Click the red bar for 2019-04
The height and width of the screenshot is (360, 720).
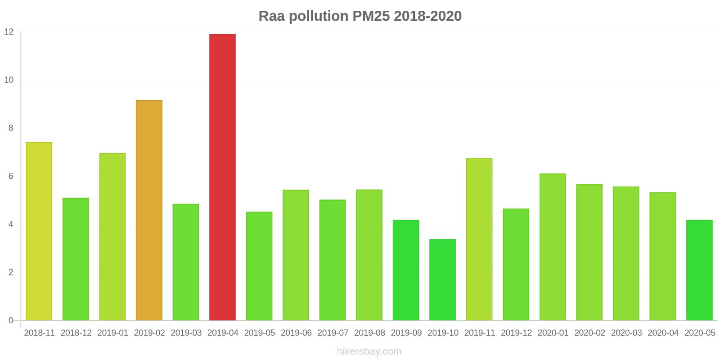(x=222, y=177)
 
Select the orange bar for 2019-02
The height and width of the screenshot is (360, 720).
(x=149, y=210)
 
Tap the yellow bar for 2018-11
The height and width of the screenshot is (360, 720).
(x=39, y=231)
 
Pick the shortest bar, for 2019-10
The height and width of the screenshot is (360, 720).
(x=442, y=279)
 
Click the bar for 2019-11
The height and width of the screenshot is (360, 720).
(x=479, y=239)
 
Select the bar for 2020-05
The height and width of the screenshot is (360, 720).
(x=699, y=270)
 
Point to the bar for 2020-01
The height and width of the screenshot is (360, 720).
(x=553, y=247)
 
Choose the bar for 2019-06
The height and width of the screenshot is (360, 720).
(x=296, y=255)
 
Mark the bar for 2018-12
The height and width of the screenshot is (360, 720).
(x=76, y=259)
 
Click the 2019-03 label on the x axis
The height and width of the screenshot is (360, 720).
(x=186, y=333)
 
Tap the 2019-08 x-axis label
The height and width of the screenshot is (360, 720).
(x=369, y=333)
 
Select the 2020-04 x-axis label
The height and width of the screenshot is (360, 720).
(x=663, y=333)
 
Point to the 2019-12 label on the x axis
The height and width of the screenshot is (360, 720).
(x=516, y=333)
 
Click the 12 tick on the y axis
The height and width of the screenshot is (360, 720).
(x=9, y=32)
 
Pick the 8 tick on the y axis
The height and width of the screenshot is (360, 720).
(x=11, y=128)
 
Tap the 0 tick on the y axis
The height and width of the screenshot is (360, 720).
(x=11, y=320)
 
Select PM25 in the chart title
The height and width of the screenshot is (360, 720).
(x=371, y=16)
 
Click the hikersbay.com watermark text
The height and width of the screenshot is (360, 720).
(x=369, y=351)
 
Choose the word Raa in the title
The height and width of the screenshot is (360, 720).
(x=271, y=16)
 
